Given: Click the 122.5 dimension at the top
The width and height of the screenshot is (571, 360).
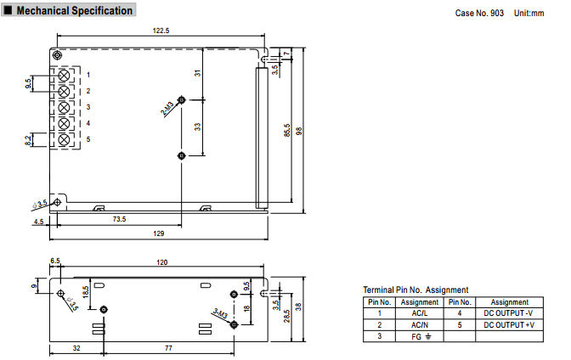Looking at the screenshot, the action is [161, 31].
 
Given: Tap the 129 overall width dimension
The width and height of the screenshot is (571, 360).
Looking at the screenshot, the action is [159, 233].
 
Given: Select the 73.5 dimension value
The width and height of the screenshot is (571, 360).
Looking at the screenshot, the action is [119, 219].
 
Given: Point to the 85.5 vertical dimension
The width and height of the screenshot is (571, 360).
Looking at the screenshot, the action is [287, 130].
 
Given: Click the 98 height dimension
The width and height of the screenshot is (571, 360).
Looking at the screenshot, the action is [299, 131].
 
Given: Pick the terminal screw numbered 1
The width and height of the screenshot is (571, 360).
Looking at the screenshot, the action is [64, 76].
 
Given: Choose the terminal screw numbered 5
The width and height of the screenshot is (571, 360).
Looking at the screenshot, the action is [64, 140].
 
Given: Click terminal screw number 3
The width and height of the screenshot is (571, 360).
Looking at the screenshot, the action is [64, 108].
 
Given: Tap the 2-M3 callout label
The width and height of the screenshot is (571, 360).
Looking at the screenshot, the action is [167, 109].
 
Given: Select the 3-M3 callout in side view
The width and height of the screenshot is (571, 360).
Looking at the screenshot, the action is [221, 314].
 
